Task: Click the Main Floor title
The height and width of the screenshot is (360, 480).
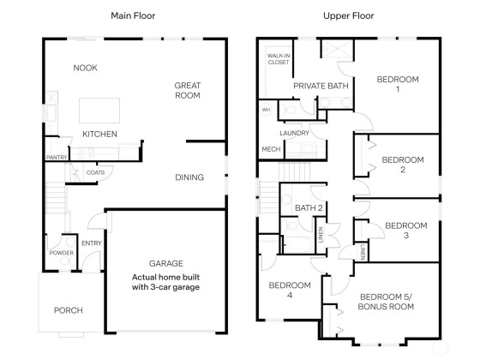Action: (133, 15)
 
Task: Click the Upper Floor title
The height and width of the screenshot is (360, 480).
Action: (348, 15)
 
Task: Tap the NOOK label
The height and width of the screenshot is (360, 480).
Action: (85, 68)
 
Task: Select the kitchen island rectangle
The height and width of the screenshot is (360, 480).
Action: (99, 111)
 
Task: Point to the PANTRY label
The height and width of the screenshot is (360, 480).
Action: (57, 158)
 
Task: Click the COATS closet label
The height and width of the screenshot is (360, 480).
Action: (95, 172)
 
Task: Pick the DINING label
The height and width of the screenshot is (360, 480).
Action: (189, 177)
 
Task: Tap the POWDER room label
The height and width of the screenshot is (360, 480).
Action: (61, 253)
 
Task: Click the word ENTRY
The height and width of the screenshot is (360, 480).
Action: (92, 243)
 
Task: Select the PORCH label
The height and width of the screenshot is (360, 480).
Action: (69, 310)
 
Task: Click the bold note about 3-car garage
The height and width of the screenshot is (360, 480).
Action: (165, 282)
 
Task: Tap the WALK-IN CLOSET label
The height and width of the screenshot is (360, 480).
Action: (279, 59)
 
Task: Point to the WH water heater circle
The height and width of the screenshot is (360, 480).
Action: (266, 110)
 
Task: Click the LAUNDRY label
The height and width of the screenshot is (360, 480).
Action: (294, 133)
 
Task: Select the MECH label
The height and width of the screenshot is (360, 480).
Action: (271, 149)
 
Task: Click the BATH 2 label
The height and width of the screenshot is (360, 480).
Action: (309, 208)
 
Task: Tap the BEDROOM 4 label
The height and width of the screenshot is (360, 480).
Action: (290, 291)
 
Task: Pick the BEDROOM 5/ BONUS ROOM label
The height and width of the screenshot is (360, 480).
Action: (386, 302)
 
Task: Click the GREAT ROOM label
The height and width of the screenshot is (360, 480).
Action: (188, 90)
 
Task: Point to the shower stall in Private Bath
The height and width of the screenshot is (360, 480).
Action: (337, 49)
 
